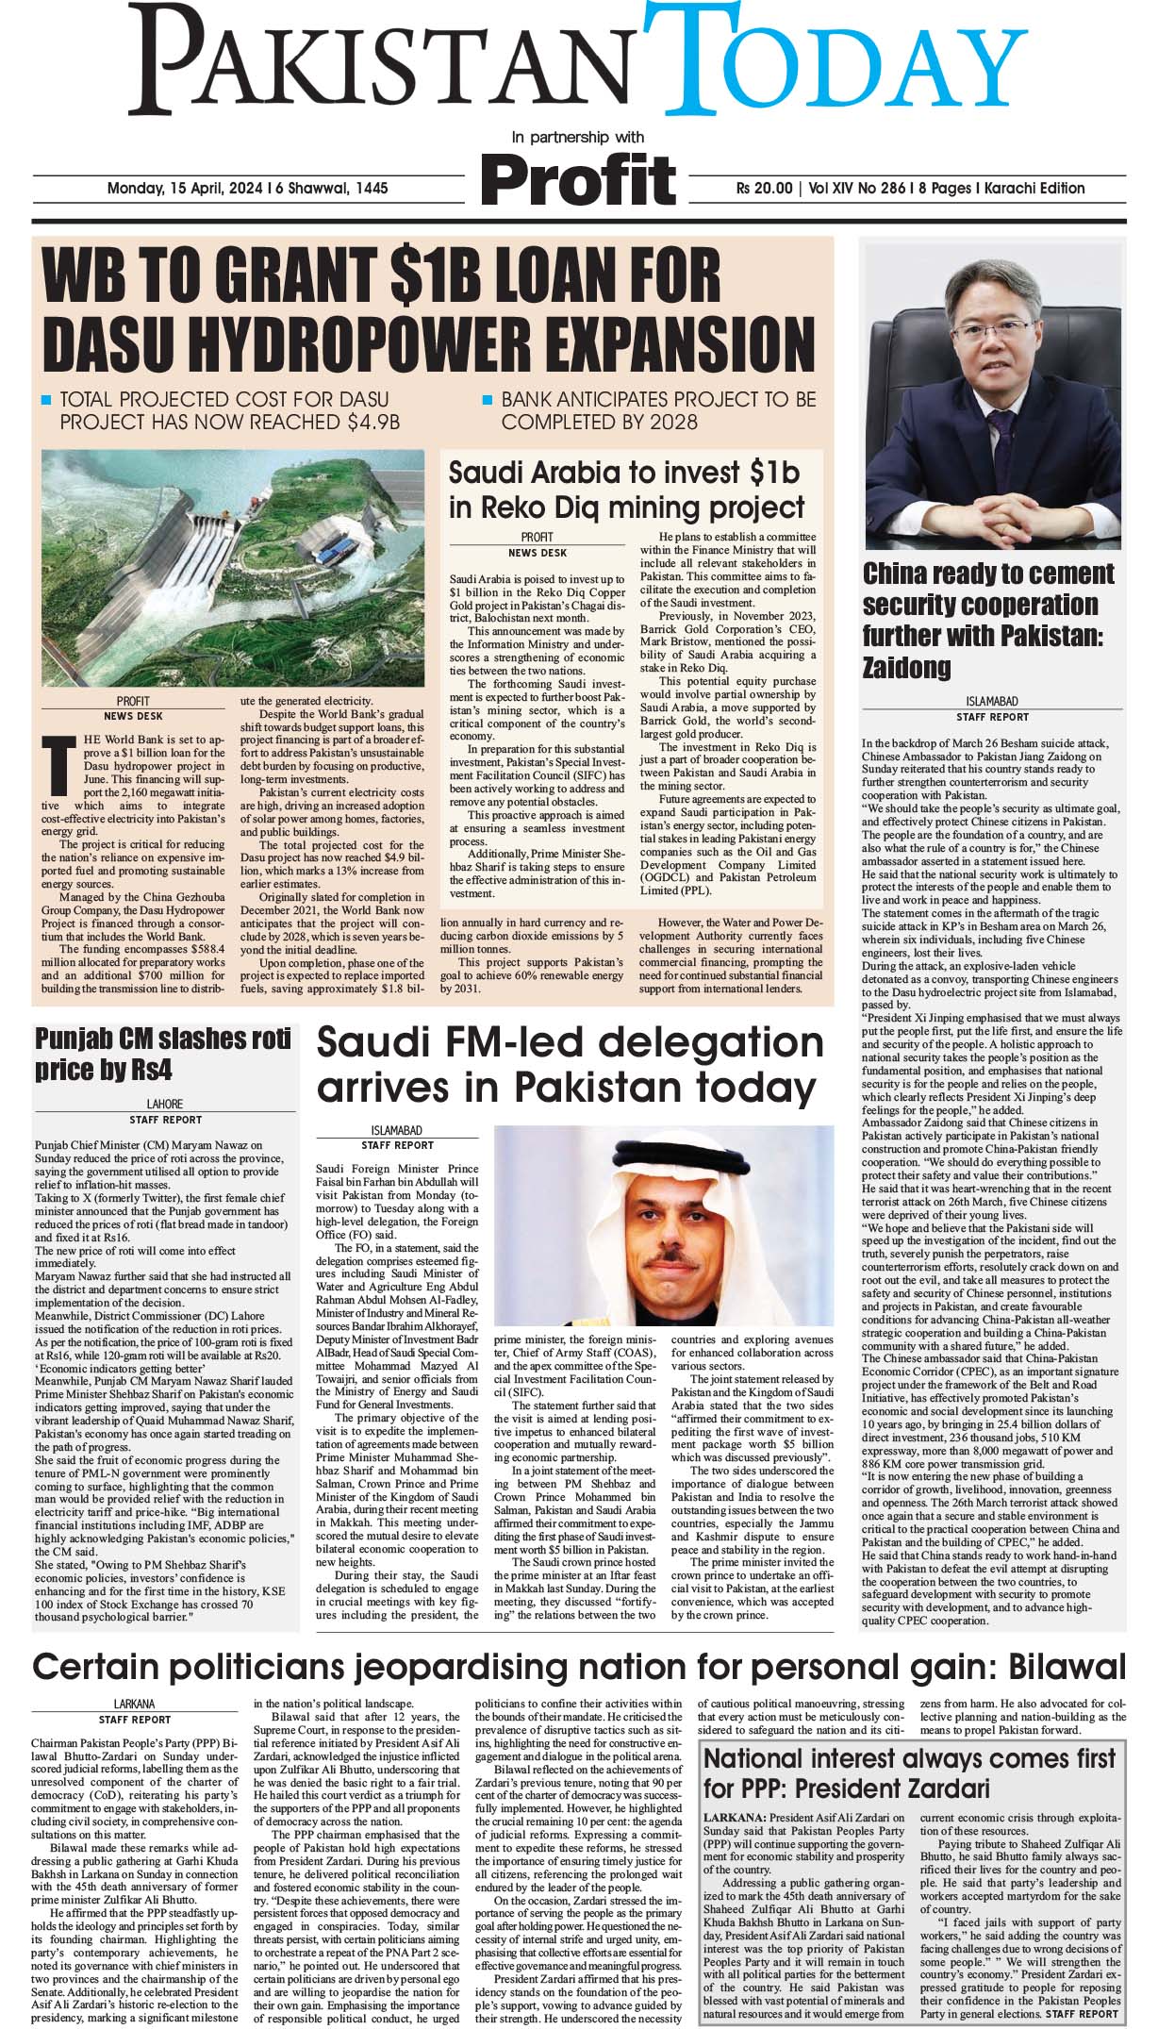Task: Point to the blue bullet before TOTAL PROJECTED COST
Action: tap(46, 401)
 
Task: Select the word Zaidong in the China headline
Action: tap(906, 668)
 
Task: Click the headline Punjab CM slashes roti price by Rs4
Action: tap(162, 1055)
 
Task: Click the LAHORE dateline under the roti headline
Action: tap(165, 1104)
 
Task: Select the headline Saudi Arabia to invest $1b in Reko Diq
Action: tap(626, 489)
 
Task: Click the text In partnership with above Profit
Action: tap(577, 137)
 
